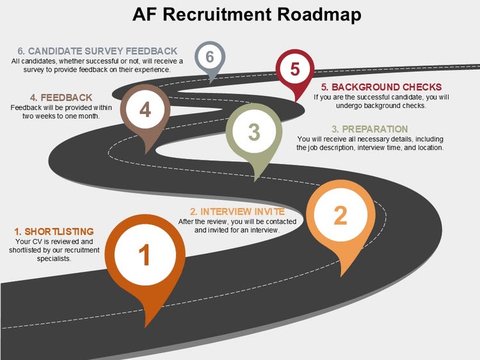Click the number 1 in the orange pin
click(x=145, y=254)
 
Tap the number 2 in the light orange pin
click(x=340, y=215)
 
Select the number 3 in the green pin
click(x=254, y=132)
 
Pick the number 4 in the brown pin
click(x=145, y=110)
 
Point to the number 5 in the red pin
click(x=294, y=69)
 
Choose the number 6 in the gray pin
click(x=209, y=57)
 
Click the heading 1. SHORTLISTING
click(x=54, y=231)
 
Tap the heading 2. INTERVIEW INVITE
click(x=237, y=212)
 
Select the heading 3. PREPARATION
click(x=370, y=129)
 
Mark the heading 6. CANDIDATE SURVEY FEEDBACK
click(x=94, y=51)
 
